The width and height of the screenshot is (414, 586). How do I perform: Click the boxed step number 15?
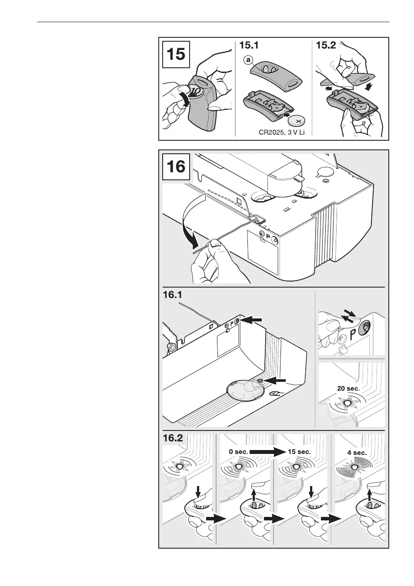click(176, 55)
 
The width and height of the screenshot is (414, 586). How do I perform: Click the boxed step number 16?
click(176, 166)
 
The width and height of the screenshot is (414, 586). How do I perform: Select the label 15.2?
click(326, 45)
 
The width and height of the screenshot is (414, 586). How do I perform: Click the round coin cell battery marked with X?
click(299, 120)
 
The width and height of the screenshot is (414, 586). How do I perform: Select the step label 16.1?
click(172, 295)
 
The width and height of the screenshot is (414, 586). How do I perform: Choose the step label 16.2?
click(173, 438)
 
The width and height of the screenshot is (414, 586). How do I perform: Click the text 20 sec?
click(349, 388)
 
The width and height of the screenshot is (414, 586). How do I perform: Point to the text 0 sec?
click(238, 452)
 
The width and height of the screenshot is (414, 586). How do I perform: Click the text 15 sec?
click(299, 452)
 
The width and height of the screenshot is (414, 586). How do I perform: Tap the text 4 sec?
click(357, 453)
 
